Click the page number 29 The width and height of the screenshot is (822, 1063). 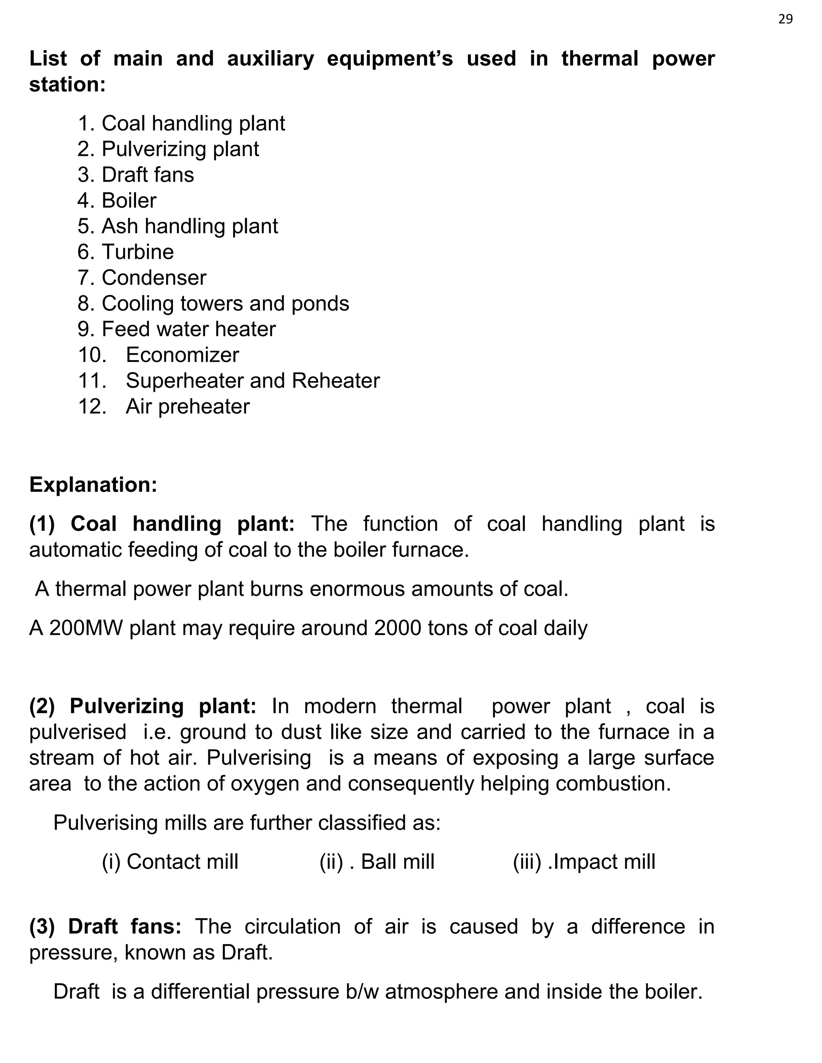click(785, 19)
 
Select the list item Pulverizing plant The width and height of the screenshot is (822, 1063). click(180, 149)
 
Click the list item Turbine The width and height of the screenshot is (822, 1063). click(137, 252)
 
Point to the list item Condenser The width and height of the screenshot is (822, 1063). click(154, 278)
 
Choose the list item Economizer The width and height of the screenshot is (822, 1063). click(182, 355)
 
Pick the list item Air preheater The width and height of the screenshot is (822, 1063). click(187, 406)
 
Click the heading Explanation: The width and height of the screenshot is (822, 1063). click(93, 485)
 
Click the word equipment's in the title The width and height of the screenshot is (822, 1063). click(390, 59)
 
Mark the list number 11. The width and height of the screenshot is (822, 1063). click(92, 381)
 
